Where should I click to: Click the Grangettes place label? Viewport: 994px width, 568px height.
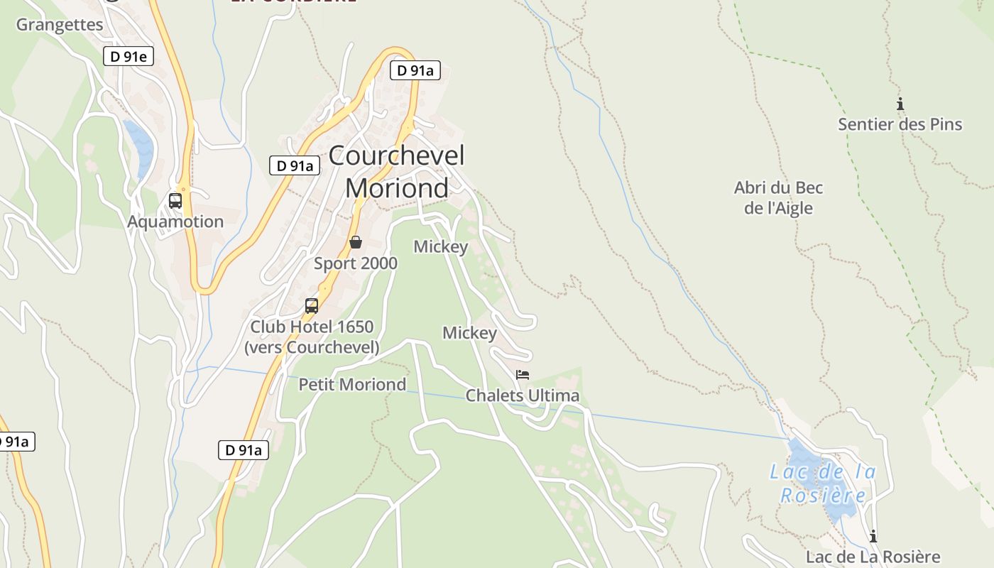60,25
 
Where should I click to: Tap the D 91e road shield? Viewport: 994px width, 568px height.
129,56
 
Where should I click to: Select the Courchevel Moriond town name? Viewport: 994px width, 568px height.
397,171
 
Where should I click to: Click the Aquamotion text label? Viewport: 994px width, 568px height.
175,222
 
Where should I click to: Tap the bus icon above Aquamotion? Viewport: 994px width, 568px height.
175,201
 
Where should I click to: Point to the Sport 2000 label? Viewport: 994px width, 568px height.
356,263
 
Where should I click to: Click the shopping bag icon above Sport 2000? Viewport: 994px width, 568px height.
356,243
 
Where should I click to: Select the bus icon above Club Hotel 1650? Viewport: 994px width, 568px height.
311,306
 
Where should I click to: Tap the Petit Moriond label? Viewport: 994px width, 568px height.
352,384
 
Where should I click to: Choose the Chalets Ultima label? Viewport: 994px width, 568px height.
523,395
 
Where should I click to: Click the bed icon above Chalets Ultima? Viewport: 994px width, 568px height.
523,375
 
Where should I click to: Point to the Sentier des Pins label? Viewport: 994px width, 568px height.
900,124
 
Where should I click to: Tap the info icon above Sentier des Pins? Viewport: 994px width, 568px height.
900,104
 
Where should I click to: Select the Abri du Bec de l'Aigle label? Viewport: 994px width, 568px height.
778,198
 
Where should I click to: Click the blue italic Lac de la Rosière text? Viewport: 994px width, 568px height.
824,483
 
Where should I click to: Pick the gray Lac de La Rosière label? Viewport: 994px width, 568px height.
873,557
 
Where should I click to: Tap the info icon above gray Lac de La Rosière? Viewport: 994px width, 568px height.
873,536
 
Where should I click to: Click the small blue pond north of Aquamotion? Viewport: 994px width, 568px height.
140,147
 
